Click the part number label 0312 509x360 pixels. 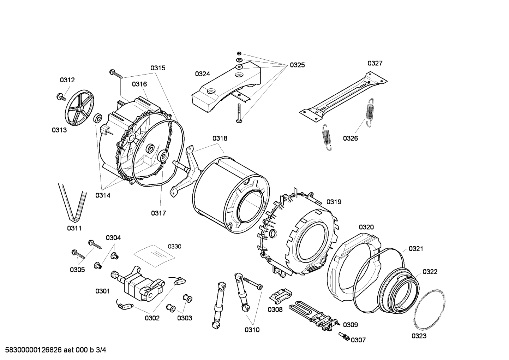[67, 80]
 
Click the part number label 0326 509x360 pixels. [350, 138]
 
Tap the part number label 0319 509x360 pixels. [334, 202]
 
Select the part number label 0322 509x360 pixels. [430, 272]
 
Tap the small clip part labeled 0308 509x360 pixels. [281, 295]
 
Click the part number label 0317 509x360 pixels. [158, 213]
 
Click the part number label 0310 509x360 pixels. [252, 330]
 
